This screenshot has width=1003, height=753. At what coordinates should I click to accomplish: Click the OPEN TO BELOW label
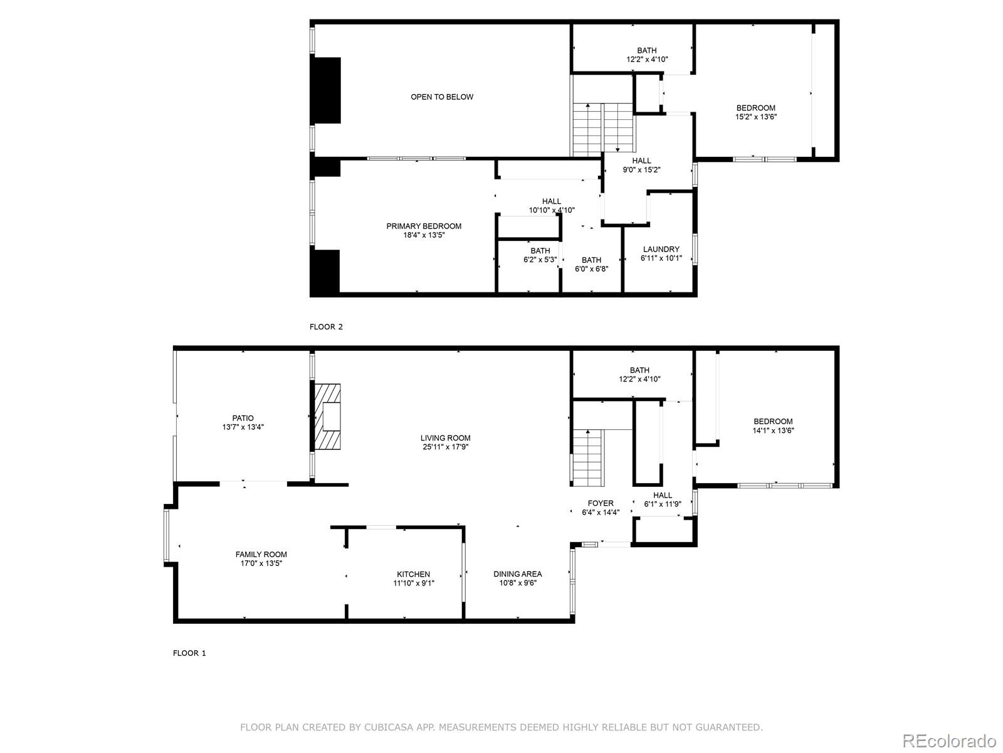pos(442,97)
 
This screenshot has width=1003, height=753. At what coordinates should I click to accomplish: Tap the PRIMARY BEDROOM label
pos(424,226)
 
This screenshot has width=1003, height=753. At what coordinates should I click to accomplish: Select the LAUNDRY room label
pos(661,249)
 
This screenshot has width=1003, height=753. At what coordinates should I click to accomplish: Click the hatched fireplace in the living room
pos(328,417)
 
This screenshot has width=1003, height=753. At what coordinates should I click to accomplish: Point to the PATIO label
pos(243,418)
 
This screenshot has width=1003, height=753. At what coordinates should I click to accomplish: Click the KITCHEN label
pos(413,574)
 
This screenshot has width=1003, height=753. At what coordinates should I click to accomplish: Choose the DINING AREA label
pos(517,574)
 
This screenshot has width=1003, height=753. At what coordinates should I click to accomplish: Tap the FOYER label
pos(600,503)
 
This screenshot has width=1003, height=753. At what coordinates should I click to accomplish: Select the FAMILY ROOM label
pos(261,554)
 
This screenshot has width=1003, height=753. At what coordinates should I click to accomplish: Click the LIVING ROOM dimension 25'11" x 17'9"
pos(445,447)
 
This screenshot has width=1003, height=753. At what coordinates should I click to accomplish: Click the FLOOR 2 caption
pos(326,327)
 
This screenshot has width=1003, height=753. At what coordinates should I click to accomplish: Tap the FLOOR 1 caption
pos(189,653)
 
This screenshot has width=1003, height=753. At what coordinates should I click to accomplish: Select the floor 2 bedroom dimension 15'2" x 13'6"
pos(755,117)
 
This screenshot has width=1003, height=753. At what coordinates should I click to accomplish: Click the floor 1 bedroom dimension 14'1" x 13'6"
pos(773,430)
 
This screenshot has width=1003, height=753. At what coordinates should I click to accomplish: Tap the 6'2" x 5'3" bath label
pos(540,260)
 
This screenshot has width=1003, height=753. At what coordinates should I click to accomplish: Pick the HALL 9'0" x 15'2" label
pos(641,169)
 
